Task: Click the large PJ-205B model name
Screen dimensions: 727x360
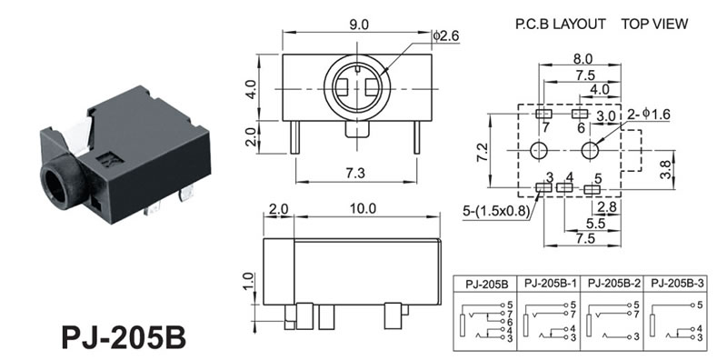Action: pos(124,337)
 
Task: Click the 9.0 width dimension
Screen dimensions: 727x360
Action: pos(359,25)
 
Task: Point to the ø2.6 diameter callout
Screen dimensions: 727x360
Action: pos(446,35)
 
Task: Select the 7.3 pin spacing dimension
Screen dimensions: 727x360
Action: pos(355,173)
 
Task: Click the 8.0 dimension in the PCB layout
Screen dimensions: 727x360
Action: pos(583,59)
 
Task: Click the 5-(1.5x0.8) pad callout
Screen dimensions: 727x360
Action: pos(495,212)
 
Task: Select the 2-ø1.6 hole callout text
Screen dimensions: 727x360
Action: pos(649,115)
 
